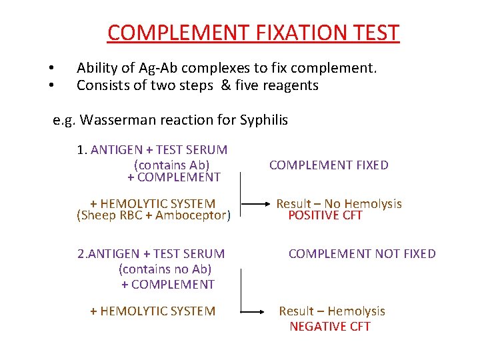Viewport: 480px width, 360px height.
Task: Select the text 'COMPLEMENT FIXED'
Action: (329, 165)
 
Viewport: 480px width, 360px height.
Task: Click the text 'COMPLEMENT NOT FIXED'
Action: (362, 253)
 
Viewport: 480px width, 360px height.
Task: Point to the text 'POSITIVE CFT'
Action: (325, 215)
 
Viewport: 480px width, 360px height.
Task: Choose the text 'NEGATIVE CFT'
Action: (330, 326)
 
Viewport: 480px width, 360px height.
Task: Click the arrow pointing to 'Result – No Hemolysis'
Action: (255, 203)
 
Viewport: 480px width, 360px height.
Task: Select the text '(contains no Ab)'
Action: (165, 269)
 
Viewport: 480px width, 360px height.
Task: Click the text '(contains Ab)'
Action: (171, 165)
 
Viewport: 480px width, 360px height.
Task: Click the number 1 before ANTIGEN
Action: (81, 150)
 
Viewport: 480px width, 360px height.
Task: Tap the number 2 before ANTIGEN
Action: (81, 253)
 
